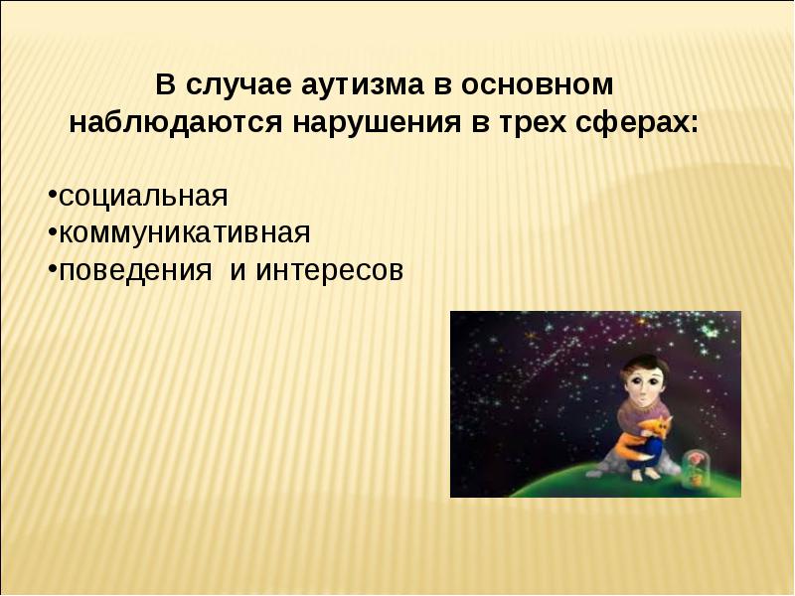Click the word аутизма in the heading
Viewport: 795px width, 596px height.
point(362,85)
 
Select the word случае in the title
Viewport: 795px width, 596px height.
point(238,85)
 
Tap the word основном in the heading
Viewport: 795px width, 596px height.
point(537,85)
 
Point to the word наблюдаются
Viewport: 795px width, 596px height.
point(176,122)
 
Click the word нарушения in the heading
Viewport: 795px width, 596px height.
point(377,123)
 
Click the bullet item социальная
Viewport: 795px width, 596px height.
point(143,196)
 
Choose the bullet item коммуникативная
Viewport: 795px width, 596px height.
point(185,233)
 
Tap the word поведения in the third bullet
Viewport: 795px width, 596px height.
point(135,270)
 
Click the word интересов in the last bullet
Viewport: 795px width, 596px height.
point(330,270)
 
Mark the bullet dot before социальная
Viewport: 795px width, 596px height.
point(53,194)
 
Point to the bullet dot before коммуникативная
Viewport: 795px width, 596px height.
point(53,231)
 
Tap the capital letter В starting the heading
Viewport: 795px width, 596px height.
point(164,85)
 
